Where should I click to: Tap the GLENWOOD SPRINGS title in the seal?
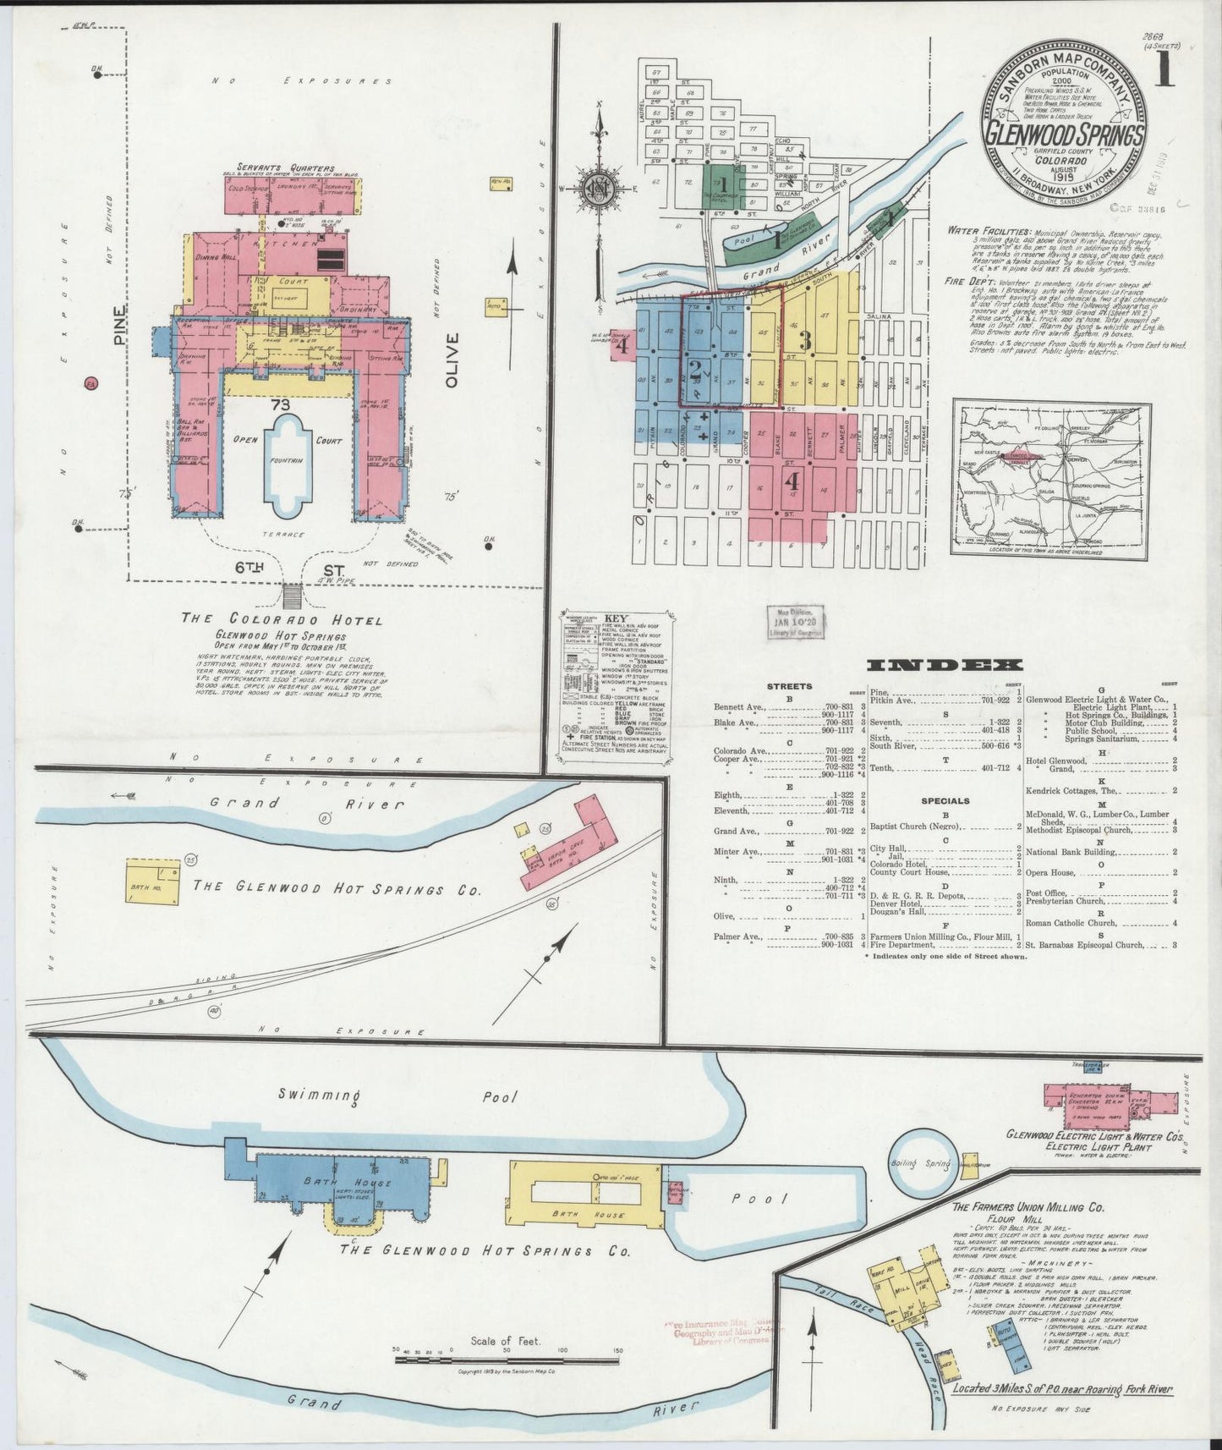click(x=1064, y=137)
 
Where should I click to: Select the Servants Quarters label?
click(x=286, y=168)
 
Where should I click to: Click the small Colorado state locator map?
click(x=1051, y=478)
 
